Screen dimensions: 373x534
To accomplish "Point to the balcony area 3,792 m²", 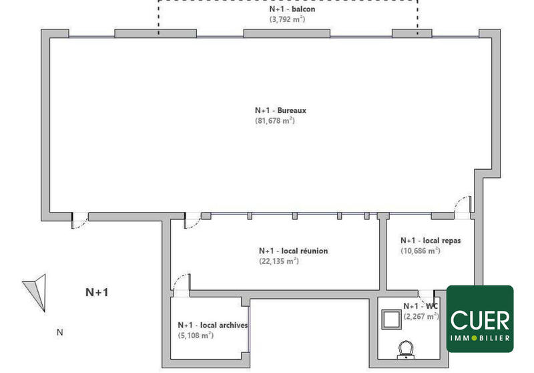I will (288, 20).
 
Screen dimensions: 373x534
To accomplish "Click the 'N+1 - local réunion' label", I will (293, 251).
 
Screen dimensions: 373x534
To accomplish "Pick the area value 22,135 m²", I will (278, 261).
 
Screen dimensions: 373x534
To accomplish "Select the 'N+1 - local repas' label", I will (431, 241).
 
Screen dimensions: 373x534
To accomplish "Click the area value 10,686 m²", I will (420, 251).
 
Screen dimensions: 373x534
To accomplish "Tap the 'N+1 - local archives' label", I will (213, 326).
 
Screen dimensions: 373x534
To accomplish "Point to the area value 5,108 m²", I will (195, 336).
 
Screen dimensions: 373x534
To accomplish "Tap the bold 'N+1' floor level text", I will (97, 292).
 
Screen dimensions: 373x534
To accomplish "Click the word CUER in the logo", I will (480, 320).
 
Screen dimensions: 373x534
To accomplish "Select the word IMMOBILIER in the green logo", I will (480, 338).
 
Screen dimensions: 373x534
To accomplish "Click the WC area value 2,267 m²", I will (421, 316).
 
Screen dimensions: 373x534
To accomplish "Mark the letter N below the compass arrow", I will (59, 332).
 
